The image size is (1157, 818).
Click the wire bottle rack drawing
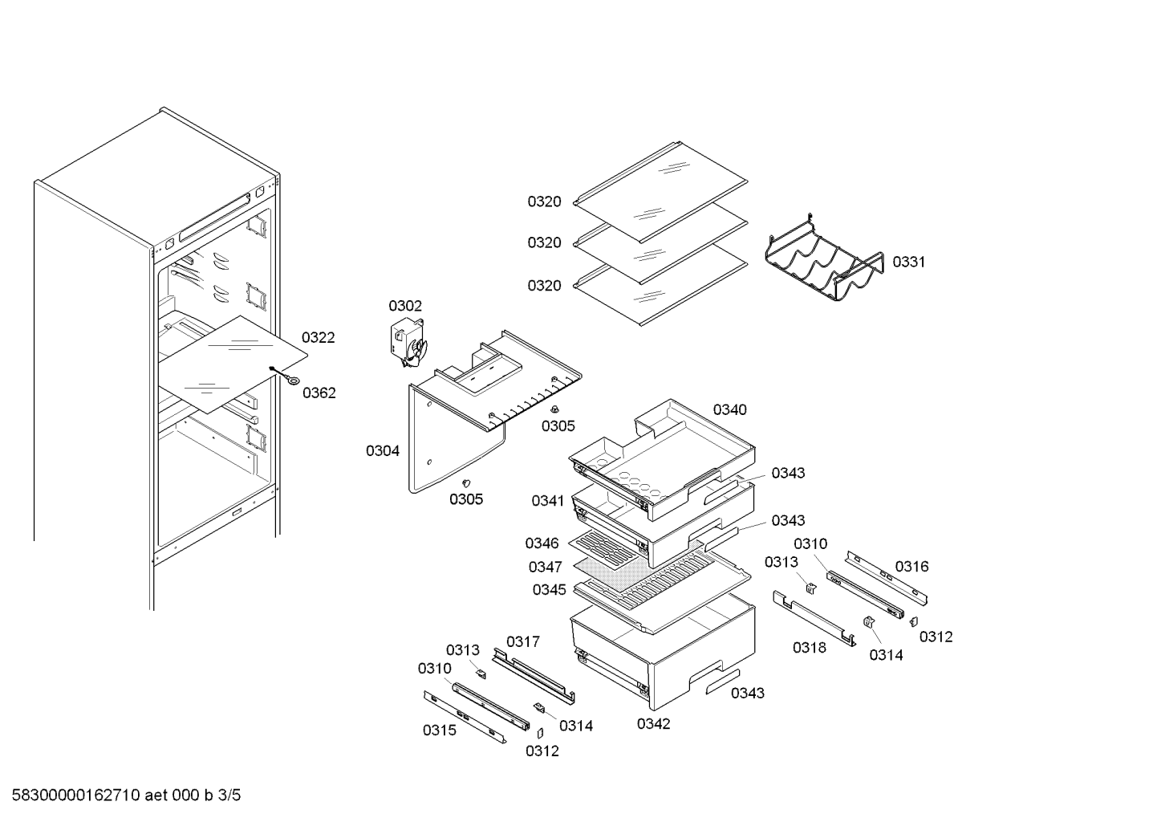[x=824, y=263]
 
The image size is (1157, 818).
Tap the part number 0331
[x=909, y=262]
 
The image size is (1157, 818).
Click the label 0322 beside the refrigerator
[x=319, y=337]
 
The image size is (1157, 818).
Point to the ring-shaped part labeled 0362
[x=293, y=382]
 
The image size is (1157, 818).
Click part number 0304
[x=383, y=451]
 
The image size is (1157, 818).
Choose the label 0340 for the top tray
[x=730, y=409]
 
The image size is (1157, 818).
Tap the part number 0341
[x=548, y=501]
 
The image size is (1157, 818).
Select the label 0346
[x=542, y=543]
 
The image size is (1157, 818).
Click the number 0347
[x=545, y=567]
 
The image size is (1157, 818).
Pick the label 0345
[x=550, y=589]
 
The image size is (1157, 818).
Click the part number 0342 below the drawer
[x=653, y=724]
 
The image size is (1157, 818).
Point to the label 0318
[x=810, y=648]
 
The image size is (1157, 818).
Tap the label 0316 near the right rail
[x=911, y=567]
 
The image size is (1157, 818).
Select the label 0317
[x=522, y=641]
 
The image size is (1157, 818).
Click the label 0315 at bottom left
[x=440, y=731]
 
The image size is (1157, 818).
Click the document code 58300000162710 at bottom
[x=75, y=796]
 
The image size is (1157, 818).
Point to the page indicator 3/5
[x=229, y=796]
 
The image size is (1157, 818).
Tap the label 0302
[x=405, y=306]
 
